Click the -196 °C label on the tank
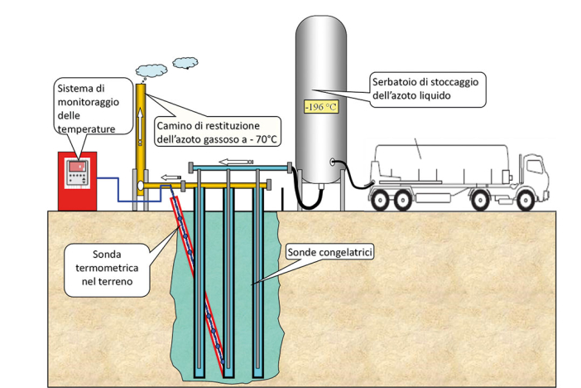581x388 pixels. click(x=321, y=107)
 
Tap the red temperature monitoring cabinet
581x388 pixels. click(x=78, y=182)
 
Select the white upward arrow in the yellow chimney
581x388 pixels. click(x=140, y=126)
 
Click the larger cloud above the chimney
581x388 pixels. click(x=151, y=70)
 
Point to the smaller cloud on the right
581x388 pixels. click(x=185, y=63)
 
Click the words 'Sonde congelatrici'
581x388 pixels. click(x=329, y=253)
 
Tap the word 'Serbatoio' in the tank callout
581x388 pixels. click(x=393, y=82)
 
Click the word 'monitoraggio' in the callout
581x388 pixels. click(x=89, y=102)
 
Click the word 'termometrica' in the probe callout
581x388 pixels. click(x=107, y=268)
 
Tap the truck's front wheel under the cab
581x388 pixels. click(x=526, y=200)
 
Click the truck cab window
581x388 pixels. click(x=535, y=167)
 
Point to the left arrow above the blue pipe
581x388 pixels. click(x=236, y=162)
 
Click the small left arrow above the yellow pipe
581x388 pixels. click(x=170, y=177)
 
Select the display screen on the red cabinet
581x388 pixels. click(x=78, y=167)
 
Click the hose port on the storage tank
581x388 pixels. click(x=333, y=162)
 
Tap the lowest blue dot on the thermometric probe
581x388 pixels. click(x=223, y=361)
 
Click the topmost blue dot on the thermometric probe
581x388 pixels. click(x=180, y=219)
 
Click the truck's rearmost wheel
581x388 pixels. click(x=380, y=200)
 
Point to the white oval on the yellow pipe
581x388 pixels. click(x=141, y=185)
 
